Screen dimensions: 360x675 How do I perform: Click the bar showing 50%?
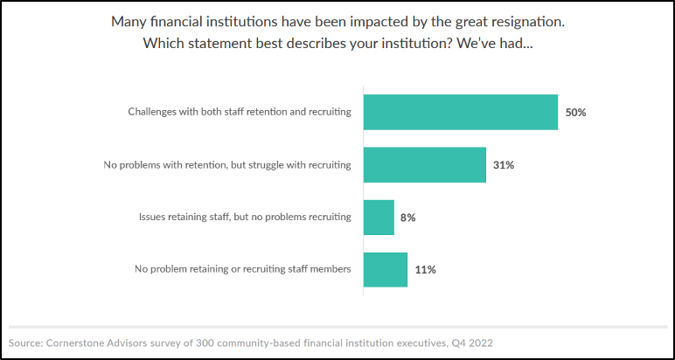tap(460, 112)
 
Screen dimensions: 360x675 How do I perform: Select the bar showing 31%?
tap(424, 164)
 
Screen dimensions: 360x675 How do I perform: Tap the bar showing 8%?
tap(379, 217)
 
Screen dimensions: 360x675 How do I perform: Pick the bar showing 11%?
tap(386, 269)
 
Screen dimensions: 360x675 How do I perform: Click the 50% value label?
tap(575, 112)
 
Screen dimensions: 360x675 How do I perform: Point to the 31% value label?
tap(504, 164)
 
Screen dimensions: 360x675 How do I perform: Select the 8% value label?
tap(407, 217)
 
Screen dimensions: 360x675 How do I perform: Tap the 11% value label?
tap(425, 269)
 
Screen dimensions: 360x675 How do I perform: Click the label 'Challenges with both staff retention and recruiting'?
tap(240, 112)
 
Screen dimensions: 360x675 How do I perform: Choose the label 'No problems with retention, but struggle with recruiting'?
tap(226, 164)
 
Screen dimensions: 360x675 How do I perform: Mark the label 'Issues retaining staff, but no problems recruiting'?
tap(245, 217)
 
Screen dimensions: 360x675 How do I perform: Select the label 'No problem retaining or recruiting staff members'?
tap(243, 269)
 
